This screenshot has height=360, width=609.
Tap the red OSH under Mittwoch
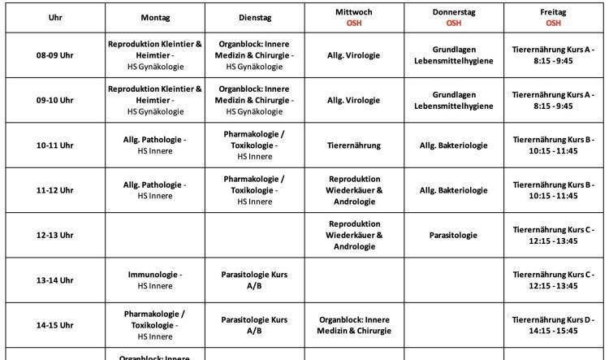click(x=354, y=24)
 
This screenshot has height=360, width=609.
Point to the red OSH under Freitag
click(x=553, y=24)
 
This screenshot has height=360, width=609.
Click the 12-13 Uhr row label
click(x=54, y=236)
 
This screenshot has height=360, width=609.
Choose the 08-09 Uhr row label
click(x=54, y=55)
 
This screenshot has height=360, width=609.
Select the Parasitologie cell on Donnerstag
click(x=453, y=236)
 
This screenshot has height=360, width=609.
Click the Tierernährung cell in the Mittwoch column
click(x=354, y=145)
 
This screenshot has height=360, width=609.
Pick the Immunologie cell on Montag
click(x=155, y=280)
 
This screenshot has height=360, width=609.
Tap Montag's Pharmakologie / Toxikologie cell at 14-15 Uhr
click(x=155, y=325)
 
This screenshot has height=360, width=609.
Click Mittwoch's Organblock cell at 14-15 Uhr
click(x=354, y=325)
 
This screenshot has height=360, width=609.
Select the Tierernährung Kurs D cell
click(x=553, y=325)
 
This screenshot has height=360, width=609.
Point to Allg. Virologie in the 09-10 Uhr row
click(x=354, y=101)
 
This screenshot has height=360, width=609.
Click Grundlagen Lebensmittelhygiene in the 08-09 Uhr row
click(x=453, y=55)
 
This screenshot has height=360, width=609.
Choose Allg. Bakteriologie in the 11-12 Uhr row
click(x=453, y=190)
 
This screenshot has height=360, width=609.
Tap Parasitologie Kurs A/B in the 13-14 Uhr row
click(x=255, y=280)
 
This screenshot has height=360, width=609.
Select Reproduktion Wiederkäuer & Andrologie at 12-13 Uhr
click(x=354, y=236)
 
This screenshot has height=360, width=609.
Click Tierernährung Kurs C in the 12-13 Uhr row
click(x=553, y=236)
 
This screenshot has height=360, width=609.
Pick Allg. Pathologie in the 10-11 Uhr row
click(x=155, y=145)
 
